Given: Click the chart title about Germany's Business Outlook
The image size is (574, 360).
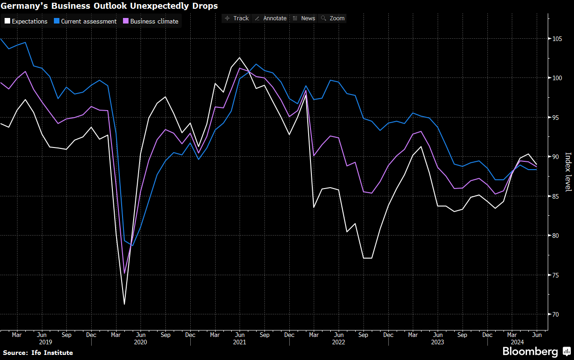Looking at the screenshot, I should coord(109,6).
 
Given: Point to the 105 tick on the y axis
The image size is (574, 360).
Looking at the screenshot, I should coord(556,39).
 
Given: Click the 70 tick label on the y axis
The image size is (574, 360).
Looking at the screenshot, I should coord(556,314).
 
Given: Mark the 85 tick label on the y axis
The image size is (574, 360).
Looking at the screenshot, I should coord(556,196).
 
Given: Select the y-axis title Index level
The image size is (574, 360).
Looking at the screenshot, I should coord(568,172).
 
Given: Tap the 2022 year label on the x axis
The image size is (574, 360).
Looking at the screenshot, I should coord(339,342).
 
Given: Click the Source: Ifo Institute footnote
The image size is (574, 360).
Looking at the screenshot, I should coord(38,353).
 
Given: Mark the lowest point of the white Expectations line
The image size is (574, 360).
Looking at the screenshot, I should coord(124,304).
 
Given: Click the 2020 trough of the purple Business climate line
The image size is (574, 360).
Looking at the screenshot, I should coord(124,273).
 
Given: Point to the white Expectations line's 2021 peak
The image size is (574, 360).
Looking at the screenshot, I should coord(240,58).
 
